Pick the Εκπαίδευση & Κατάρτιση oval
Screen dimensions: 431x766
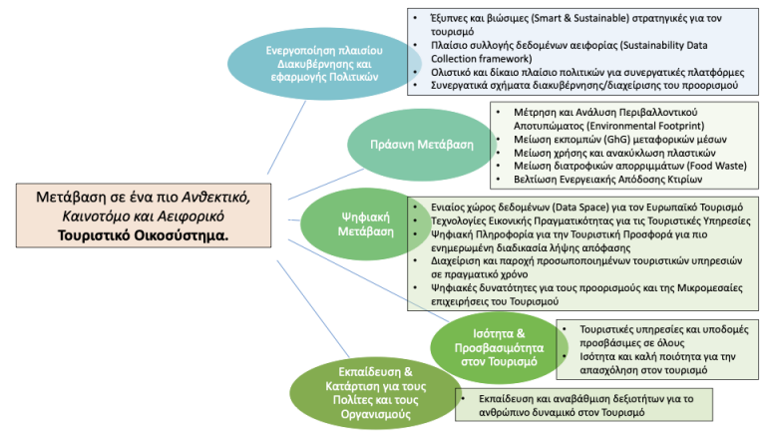365,389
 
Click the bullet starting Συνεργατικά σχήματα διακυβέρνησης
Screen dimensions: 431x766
579,86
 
